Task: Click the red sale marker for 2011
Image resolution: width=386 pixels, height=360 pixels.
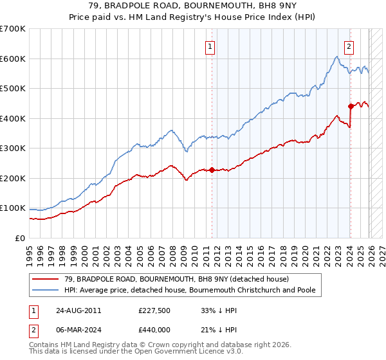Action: [x=212, y=170]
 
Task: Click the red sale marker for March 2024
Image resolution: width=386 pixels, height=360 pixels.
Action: [x=351, y=106]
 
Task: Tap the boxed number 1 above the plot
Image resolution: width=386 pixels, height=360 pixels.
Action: [x=211, y=46]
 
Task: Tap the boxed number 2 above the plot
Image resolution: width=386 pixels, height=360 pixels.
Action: [x=349, y=46]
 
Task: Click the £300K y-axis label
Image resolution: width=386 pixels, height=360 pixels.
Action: [x=13, y=148]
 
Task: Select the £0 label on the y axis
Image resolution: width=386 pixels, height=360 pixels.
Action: [x=19, y=239]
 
